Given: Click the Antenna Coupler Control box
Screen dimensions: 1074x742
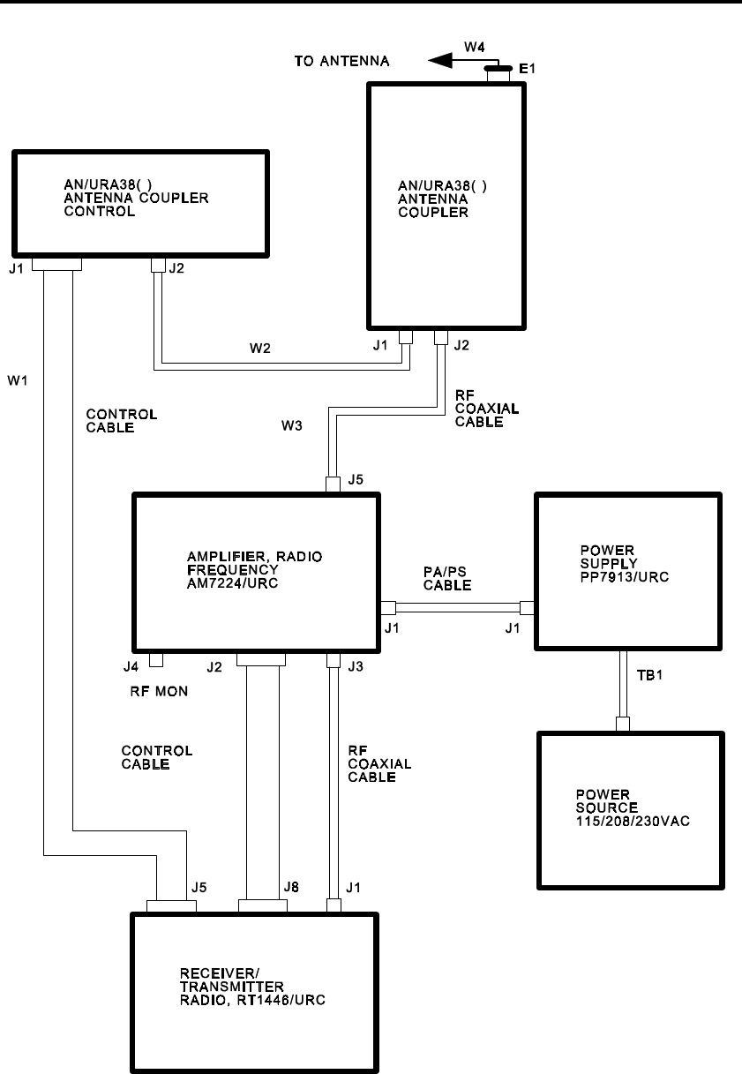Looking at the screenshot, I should point(139,203).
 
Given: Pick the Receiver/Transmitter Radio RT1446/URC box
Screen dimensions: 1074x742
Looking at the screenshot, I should point(255,994).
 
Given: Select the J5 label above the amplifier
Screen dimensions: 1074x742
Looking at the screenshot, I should point(356,481).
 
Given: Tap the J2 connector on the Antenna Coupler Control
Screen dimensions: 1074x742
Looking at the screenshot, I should point(159,265).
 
